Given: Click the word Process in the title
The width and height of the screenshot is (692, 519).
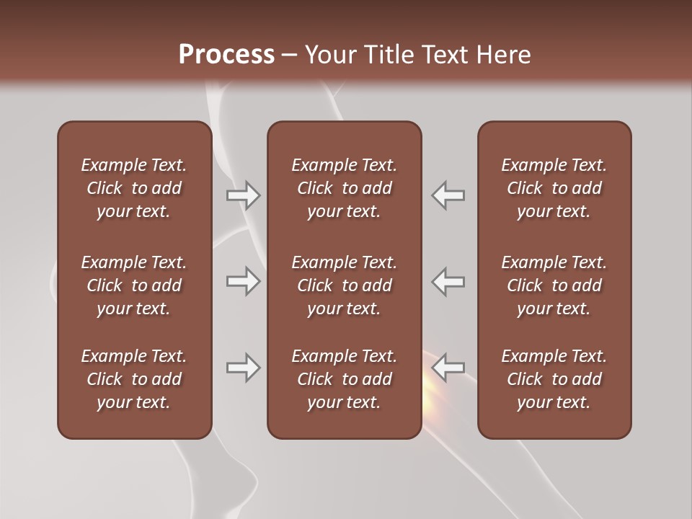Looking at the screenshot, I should [226, 55].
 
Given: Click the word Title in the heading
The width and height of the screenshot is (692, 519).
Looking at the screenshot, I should [390, 55].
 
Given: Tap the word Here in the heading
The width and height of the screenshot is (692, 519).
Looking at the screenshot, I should [503, 55].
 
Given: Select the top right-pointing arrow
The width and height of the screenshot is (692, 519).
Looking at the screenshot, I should [244, 195].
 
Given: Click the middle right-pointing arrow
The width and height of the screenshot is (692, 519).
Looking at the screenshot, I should [244, 281].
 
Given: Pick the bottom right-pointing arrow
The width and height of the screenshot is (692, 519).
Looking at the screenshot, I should [244, 368].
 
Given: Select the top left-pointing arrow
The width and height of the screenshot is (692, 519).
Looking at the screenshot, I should [448, 195].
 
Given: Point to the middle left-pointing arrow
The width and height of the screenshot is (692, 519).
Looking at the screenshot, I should [448, 281].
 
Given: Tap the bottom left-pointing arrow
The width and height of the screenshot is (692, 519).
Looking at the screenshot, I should [448, 368].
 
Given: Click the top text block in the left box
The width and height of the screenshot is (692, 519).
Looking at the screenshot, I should [134, 188].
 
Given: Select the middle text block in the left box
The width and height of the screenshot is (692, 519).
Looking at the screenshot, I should [134, 285].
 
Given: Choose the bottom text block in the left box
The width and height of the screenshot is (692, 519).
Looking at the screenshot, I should [134, 379].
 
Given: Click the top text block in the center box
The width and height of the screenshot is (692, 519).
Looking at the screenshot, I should [344, 188].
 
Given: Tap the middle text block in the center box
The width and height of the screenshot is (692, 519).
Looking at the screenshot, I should [344, 285].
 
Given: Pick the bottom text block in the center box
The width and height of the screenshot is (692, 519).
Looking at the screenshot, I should [344, 379].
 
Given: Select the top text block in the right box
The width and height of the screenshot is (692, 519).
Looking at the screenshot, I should [554, 188].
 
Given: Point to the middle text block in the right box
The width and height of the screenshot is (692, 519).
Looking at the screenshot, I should [554, 285].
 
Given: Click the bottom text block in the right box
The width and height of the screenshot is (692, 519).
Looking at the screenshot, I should [554, 379].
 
